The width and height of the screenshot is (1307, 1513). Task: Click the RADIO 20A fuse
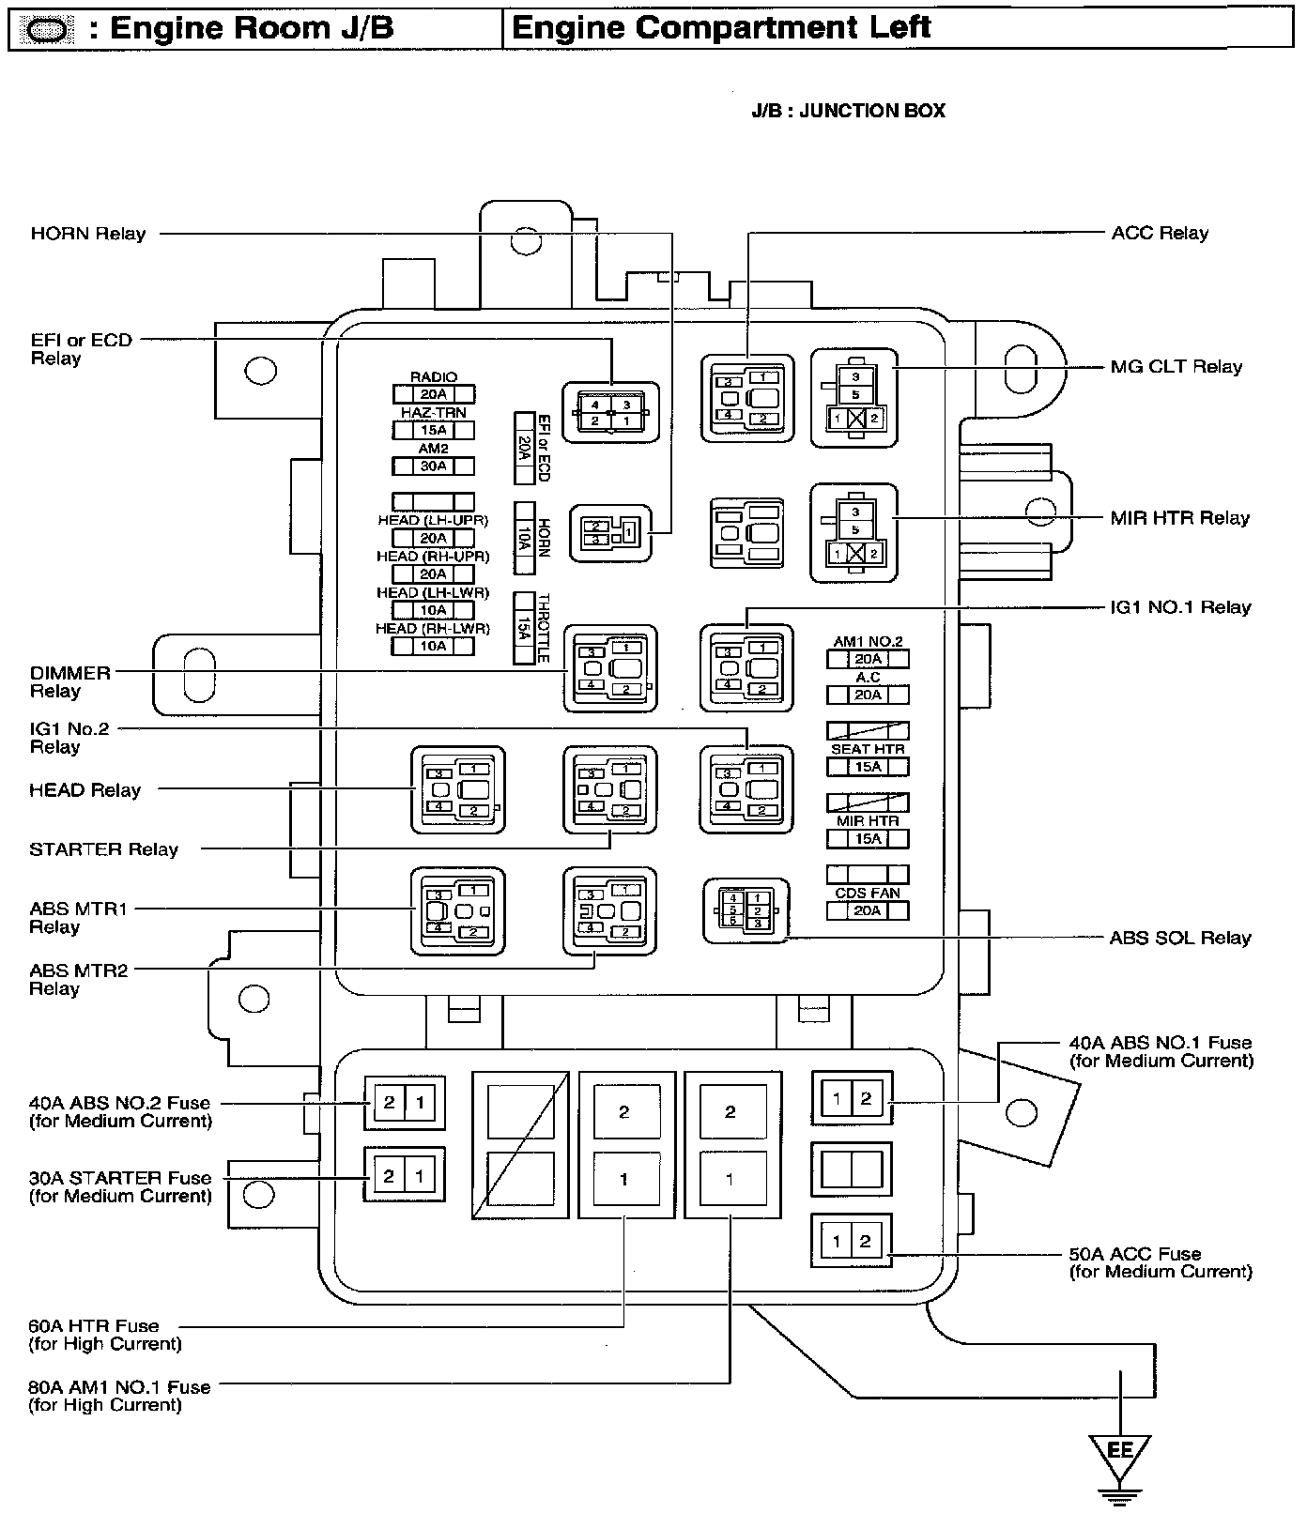pyautogui.click(x=433, y=394)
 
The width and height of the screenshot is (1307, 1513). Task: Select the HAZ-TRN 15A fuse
pyautogui.click(x=433, y=430)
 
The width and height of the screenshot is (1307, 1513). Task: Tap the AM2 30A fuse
pyautogui.click(x=433, y=466)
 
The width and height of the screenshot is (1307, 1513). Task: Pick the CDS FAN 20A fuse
pyautogui.click(x=868, y=910)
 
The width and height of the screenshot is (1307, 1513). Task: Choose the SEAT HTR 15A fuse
pyautogui.click(x=868, y=767)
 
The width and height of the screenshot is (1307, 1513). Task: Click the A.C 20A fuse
pyautogui.click(x=868, y=695)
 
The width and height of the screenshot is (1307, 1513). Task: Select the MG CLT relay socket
pyautogui.click(x=854, y=398)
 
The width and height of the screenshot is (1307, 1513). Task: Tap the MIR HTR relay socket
pyautogui.click(x=854, y=533)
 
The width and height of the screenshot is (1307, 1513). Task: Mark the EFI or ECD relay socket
pyautogui.click(x=610, y=413)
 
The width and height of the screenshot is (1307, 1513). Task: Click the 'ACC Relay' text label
pyautogui.click(x=1160, y=233)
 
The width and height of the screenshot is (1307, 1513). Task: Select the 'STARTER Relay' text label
pyautogui.click(x=103, y=849)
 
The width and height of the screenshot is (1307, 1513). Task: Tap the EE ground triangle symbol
pyautogui.click(x=1119, y=1454)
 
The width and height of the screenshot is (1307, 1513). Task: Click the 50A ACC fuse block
pyautogui.click(x=851, y=1242)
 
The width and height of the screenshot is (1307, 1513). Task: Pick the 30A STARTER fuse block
pyautogui.click(x=404, y=1175)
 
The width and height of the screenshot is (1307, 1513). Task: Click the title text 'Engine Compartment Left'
pyautogui.click(x=720, y=27)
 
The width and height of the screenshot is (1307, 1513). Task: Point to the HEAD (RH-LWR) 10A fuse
pyautogui.click(x=433, y=646)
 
